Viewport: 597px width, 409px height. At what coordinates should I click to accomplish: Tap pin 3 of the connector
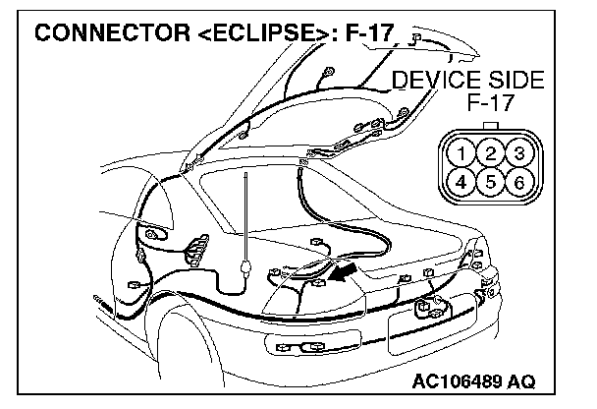click(517, 154)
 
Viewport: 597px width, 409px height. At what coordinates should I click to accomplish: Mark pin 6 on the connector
click(517, 182)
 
